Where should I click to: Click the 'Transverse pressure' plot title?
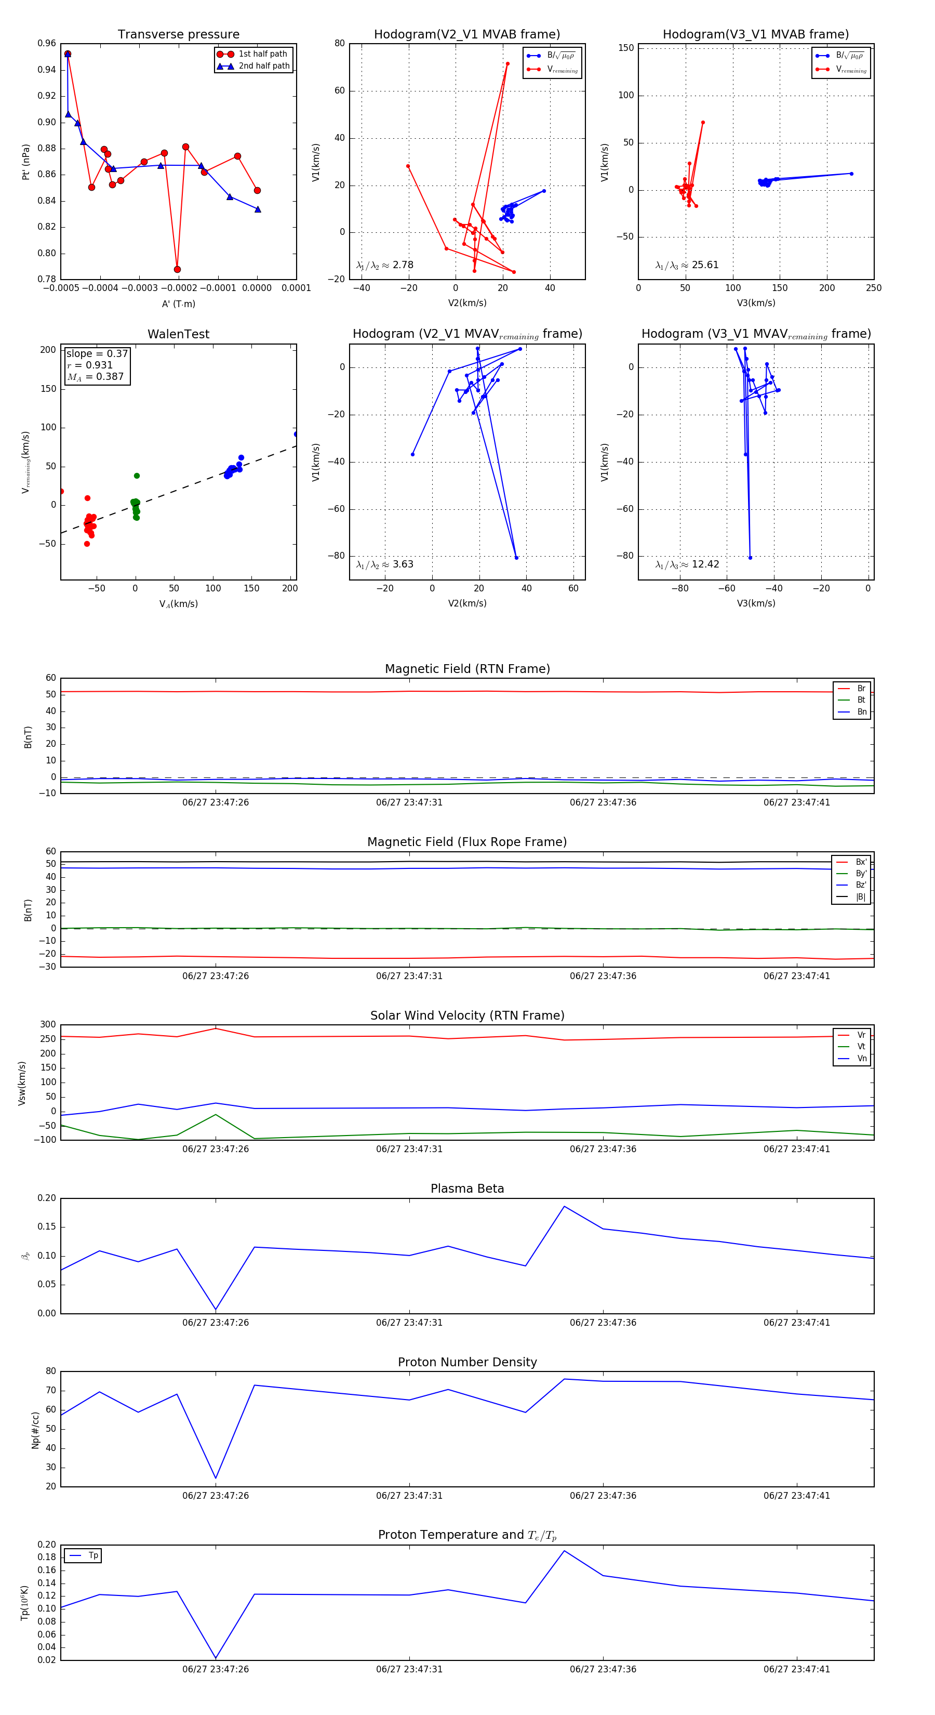178,35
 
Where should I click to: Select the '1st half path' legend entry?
262,54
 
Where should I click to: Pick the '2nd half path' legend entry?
263,66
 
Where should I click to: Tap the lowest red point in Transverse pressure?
177,270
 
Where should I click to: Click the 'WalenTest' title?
178,334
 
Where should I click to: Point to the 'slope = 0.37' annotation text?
97,353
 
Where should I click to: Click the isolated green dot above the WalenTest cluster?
137,476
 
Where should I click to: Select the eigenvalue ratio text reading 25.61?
705,265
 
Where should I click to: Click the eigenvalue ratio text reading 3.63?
403,564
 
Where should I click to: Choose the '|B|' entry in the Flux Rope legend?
860,897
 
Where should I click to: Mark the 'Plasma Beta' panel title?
467,1189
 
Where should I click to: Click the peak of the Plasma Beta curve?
564,1206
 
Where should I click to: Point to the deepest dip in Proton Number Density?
216,1479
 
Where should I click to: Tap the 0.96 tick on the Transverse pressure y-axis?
47,43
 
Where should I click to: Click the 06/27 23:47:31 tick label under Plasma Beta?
409,1323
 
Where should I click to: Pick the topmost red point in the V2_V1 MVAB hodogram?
507,64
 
